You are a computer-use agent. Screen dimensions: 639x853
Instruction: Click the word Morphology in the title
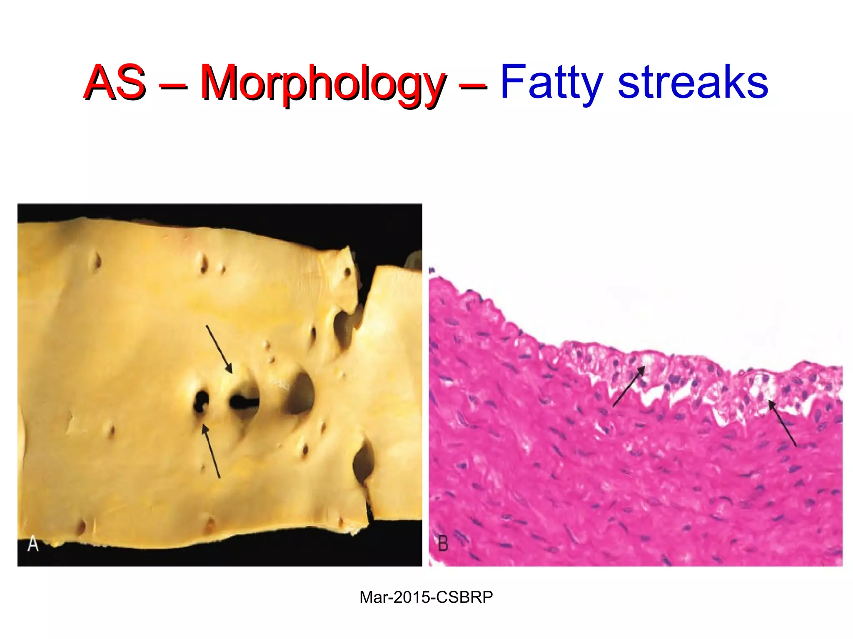pyautogui.click(x=323, y=83)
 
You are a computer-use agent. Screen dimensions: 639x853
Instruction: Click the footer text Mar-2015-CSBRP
pyautogui.click(x=426, y=597)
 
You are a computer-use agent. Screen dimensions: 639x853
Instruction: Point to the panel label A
pyautogui.click(x=33, y=544)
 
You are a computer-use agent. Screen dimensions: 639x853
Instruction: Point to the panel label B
pyautogui.click(x=443, y=544)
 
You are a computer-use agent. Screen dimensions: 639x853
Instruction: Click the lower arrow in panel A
pyautogui.click(x=211, y=451)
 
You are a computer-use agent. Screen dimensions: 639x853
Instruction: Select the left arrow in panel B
pyautogui.click(x=629, y=386)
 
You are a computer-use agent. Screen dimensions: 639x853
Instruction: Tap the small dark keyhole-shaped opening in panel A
pyautogui.click(x=201, y=402)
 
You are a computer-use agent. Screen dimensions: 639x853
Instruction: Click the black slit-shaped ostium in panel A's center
pyautogui.click(x=244, y=402)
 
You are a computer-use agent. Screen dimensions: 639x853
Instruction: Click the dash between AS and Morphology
pyautogui.click(x=173, y=86)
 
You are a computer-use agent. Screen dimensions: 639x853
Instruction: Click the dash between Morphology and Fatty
pyautogui.click(x=473, y=86)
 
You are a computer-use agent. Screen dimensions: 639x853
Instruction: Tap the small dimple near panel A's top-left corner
pyautogui.click(x=98, y=261)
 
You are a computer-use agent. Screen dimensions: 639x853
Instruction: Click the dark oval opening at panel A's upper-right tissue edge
pyautogui.click(x=344, y=329)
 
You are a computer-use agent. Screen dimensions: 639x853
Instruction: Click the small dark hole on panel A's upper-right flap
pyautogui.click(x=347, y=272)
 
